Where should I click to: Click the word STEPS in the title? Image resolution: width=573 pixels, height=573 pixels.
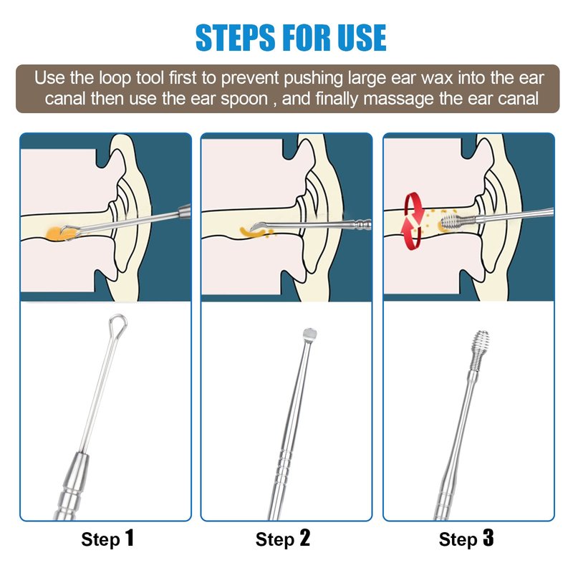(235, 37)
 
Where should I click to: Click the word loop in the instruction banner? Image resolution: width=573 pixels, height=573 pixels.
(115, 79)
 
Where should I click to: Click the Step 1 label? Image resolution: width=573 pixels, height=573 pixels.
(107, 539)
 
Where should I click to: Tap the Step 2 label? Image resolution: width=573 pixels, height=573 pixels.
(283, 539)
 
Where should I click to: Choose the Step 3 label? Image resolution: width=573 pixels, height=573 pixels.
(466, 539)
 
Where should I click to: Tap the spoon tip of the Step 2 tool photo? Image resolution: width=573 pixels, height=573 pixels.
(309, 334)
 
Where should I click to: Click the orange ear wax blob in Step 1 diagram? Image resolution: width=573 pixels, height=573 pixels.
(59, 234)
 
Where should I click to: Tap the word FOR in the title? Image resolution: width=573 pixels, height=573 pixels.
(307, 37)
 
